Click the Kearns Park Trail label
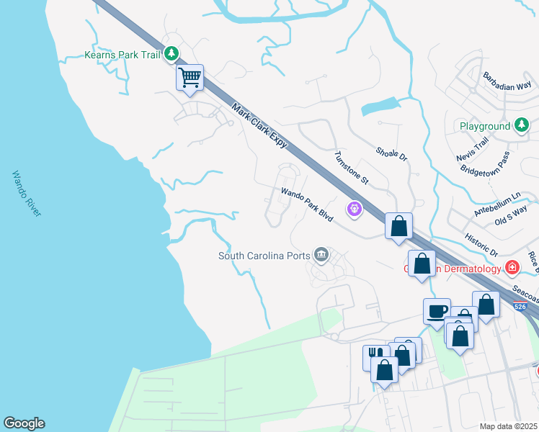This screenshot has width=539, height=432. coord(122,54)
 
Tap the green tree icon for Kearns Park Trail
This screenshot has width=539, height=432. coord(171,53)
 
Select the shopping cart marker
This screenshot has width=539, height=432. coord(190,77)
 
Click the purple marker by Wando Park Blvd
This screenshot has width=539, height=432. coord(355,210)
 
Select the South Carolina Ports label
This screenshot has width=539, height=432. coord(264,256)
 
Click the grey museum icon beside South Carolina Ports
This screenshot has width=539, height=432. coord(321,255)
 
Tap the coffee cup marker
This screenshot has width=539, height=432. coord(437,311)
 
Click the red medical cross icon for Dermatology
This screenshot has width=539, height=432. coord(512,268)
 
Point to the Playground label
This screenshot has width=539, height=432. coord(485,126)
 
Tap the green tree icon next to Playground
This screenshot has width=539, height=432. coord(522,126)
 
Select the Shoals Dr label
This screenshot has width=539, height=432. coord(391,153)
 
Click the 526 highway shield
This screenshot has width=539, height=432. coord(520,306)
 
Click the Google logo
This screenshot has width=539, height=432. coord(24,423)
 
